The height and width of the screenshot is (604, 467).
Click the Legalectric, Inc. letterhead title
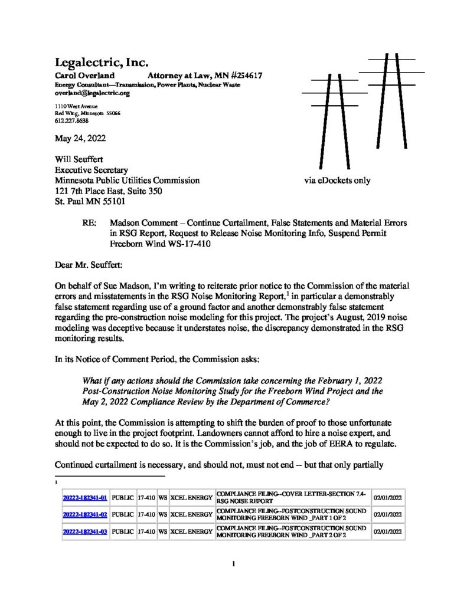tap(101, 63)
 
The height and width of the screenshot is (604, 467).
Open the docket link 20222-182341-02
tap(84, 514)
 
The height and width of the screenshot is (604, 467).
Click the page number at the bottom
tap(234, 564)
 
